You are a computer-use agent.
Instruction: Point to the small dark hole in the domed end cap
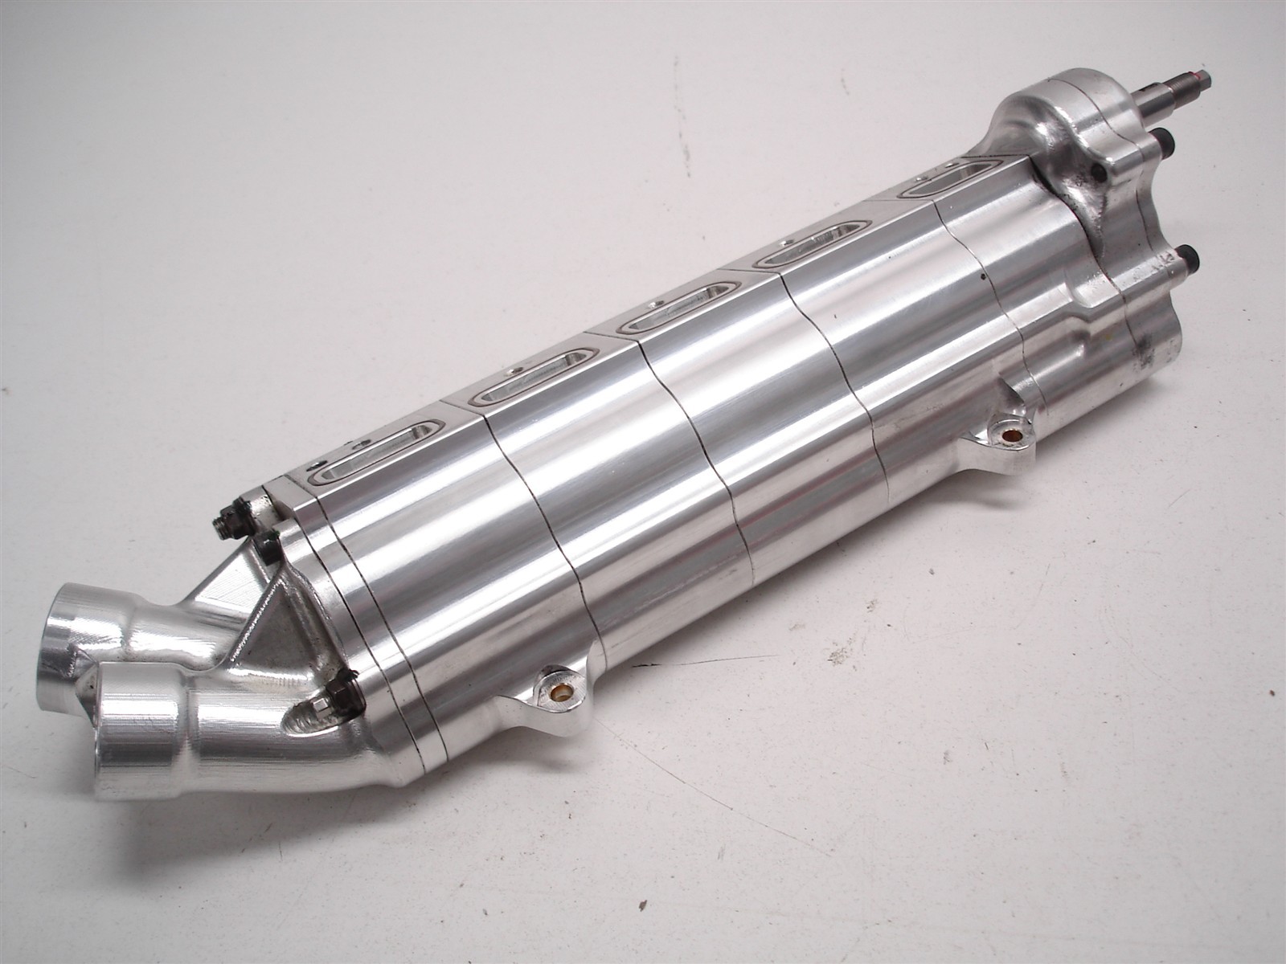[1097, 171]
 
